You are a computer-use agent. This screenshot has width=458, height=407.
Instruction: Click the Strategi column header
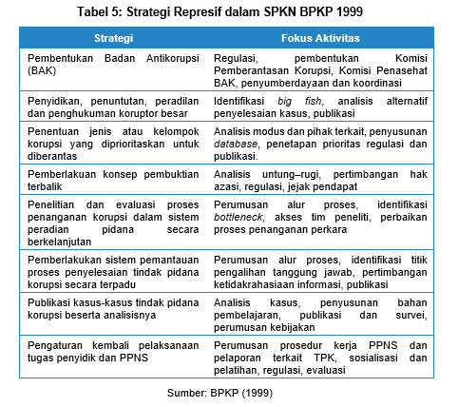point(113,38)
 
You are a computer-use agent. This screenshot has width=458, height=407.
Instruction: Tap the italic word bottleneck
point(241,218)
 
